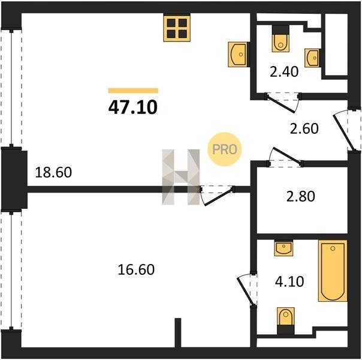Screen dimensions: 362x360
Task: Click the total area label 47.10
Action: [132, 107]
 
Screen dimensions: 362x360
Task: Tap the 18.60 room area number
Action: [53, 172]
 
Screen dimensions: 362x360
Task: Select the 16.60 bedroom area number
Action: [136, 269]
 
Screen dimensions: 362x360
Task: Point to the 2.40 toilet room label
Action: [284, 71]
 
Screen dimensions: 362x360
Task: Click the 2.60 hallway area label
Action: [304, 128]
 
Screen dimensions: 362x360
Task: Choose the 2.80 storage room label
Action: [301, 196]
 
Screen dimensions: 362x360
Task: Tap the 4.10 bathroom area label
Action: [289, 281]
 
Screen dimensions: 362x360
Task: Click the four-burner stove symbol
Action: [177, 28]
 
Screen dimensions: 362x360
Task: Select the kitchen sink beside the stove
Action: [239, 55]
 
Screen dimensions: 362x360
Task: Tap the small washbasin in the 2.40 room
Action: [312, 58]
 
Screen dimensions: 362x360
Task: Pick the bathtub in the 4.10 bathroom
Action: [333, 271]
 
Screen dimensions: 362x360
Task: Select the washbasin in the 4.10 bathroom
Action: [283, 248]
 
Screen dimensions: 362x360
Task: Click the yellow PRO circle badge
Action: [224, 149]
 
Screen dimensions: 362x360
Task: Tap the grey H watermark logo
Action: [181, 177]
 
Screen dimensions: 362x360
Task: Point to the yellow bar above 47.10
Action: [133, 91]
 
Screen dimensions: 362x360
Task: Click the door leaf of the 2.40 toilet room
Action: [280, 105]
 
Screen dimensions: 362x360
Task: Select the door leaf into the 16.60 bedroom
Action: [218, 197]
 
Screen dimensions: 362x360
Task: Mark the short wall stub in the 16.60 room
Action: [178, 332]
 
